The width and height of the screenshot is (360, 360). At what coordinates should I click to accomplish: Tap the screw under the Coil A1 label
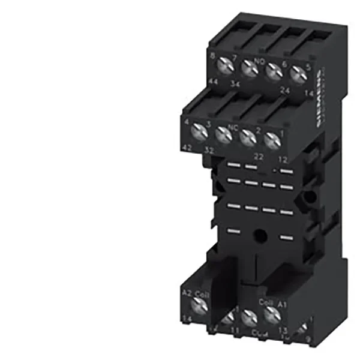click(269, 312)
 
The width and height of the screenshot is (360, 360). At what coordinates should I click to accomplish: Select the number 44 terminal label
click(214, 81)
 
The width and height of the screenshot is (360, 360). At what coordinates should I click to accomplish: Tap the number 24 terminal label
click(285, 91)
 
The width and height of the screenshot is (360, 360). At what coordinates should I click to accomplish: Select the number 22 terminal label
click(259, 155)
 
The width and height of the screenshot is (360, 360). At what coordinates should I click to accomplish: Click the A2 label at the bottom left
click(185, 292)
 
